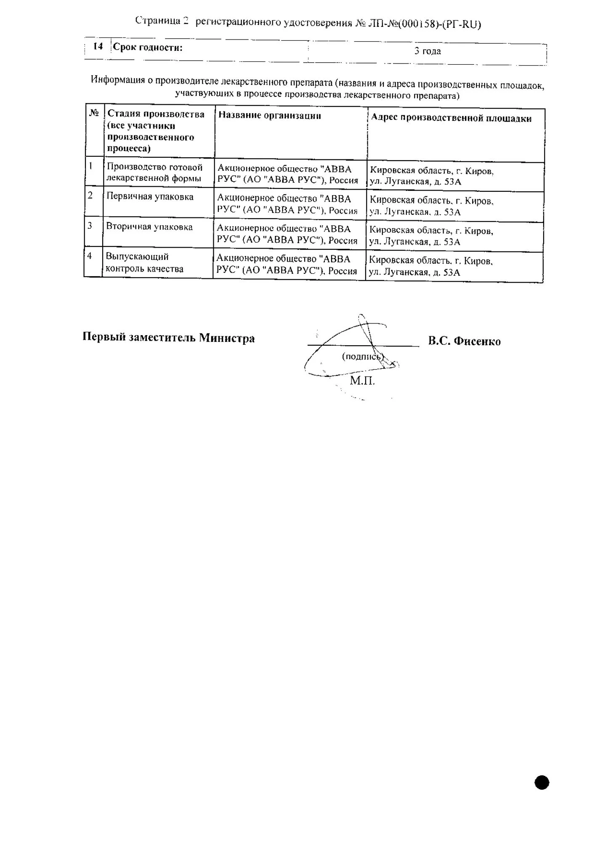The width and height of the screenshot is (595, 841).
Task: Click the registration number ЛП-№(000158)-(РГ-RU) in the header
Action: [x=425, y=24]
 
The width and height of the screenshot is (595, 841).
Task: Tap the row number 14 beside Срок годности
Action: [x=98, y=46]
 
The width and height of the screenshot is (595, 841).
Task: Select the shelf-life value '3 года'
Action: [x=428, y=51]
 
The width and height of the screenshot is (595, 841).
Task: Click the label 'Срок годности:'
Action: [x=148, y=48]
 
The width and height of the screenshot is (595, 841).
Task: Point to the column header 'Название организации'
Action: [x=269, y=116]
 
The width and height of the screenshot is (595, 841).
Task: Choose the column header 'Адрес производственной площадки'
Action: [x=451, y=118]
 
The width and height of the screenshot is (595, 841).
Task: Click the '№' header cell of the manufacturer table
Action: [x=94, y=113]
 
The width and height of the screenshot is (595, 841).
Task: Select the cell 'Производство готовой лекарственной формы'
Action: [x=154, y=173]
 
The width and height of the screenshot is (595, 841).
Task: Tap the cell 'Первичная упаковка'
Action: [x=150, y=197]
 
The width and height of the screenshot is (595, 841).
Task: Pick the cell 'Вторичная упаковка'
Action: [x=149, y=227]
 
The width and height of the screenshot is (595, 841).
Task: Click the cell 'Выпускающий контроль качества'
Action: [x=144, y=263]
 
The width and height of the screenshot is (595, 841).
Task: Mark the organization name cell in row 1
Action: [x=288, y=175]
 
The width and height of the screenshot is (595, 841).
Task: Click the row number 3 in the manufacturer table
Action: [x=90, y=226]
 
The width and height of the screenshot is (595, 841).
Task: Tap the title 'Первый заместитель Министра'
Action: [x=168, y=338]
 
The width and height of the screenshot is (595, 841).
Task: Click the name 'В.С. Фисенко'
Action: [x=464, y=341]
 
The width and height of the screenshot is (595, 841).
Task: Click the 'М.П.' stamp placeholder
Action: [x=362, y=381]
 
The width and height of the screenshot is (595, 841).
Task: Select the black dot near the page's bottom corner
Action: [x=542, y=783]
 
